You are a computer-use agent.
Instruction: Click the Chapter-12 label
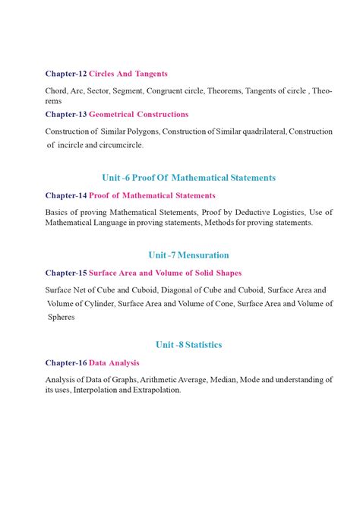66,74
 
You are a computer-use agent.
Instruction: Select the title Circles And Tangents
128,74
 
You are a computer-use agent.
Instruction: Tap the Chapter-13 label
66,114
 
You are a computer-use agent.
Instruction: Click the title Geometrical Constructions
139,114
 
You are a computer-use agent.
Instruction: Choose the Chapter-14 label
66,195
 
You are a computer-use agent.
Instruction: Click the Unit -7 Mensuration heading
188,255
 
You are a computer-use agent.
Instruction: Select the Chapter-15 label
66,273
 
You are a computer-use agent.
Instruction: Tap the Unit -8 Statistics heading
188,345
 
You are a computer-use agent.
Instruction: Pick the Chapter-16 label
66,362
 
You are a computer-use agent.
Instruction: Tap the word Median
230,379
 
